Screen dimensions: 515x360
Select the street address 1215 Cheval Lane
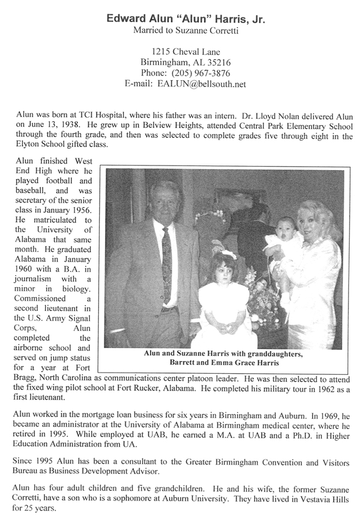181,51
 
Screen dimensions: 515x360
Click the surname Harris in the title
222,19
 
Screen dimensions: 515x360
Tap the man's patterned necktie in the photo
166,262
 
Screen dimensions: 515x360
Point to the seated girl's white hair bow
227,254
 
